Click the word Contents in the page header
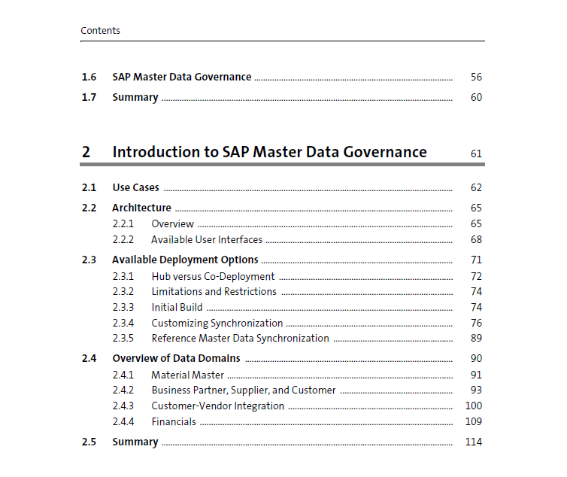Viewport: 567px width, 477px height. [x=100, y=30]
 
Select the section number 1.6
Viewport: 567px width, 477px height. [x=89, y=77]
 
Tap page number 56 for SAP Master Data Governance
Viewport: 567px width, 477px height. [x=476, y=77]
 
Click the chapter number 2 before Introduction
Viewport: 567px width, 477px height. [x=86, y=152]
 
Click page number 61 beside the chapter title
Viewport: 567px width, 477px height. [x=476, y=153]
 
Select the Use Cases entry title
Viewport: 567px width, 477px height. [x=135, y=187]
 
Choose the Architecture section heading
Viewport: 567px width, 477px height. [x=141, y=208]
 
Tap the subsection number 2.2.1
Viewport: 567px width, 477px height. [x=123, y=223]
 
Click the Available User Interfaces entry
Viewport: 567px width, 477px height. [x=207, y=239]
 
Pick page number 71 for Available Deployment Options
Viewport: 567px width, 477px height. [x=476, y=260]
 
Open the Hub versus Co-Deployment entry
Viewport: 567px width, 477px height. [x=213, y=277]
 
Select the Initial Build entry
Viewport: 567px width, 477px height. [x=177, y=307]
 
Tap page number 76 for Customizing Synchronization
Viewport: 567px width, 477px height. [x=476, y=323]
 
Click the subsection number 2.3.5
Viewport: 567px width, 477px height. [x=123, y=338]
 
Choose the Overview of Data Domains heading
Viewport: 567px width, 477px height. [x=176, y=358]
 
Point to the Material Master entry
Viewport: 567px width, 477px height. [x=188, y=375]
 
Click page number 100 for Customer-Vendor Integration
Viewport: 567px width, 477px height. [x=473, y=406]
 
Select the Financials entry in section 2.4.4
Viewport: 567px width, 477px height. [x=174, y=421]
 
